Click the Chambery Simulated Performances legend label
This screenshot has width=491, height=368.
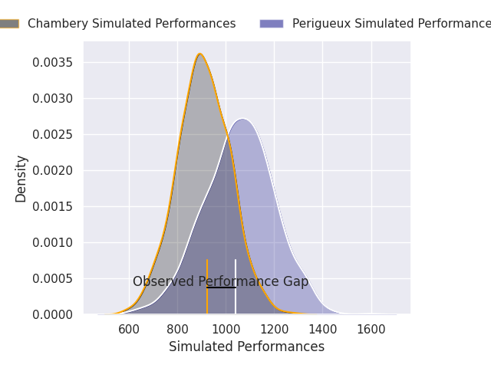point(131,24)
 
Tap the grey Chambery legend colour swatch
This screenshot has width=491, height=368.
point(9,24)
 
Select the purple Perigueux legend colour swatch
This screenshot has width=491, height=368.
point(271,24)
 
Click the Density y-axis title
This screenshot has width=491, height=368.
point(21,178)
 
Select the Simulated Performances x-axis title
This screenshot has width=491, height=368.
point(246,347)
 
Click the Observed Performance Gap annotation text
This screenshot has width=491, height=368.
point(220,281)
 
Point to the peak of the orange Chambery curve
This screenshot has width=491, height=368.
point(200,54)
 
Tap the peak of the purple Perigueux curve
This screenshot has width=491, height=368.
point(242,119)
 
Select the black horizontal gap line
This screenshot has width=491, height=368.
point(221,287)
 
